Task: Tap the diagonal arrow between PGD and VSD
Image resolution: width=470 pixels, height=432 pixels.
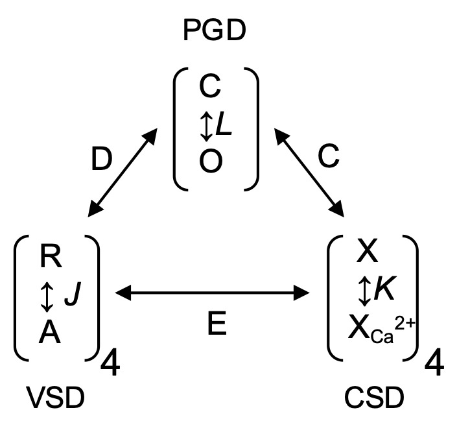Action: pos(123,172)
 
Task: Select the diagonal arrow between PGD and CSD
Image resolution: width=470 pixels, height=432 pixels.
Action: pos(307,172)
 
